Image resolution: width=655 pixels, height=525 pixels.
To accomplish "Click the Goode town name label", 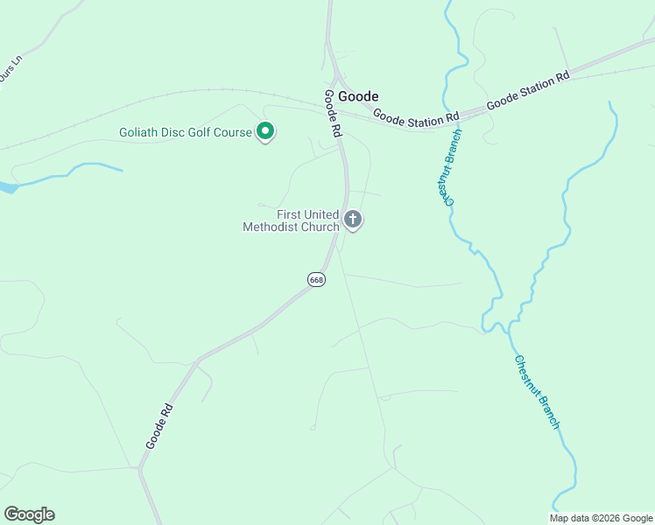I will pyautogui.click(x=358, y=96).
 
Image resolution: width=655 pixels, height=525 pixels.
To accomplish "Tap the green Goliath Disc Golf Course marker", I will pyautogui.click(x=265, y=133).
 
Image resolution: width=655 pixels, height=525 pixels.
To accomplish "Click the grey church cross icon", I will pyautogui.click(x=353, y=219).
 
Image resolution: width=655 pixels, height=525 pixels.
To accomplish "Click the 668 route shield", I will pyautogui.click(x=316, y=279).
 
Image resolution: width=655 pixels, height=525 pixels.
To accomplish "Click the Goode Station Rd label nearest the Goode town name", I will pyautogui.click(x=416, y=116).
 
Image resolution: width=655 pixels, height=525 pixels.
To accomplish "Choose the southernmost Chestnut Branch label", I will pyautogui.click(x=536, y=391).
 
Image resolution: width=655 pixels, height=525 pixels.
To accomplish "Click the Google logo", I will pyautogui.click(x=29, y=514).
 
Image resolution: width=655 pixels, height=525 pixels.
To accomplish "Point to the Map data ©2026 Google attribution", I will pyautogui.click(x=601, y=518).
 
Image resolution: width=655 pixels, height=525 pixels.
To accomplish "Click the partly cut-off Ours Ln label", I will pyautogui.click(x=10, y=72).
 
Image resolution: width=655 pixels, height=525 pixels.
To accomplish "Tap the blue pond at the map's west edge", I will pyautogui.click(x=7, y=187).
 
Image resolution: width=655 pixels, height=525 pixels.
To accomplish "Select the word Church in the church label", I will pyautogui.click(x=320, y=227).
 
